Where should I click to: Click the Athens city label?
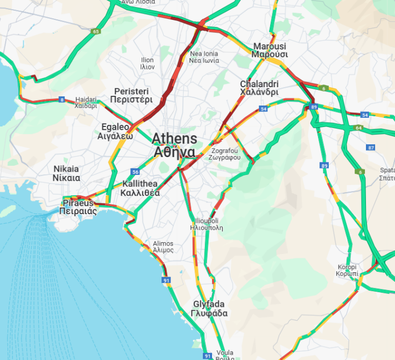(x=174, y=145)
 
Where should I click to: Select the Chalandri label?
(x=259, y=88)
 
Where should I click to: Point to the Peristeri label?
(x=131, y=95)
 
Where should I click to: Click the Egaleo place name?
(x=115, y=131)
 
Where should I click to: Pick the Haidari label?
(x=86, y=102)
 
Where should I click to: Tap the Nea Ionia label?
(x=204, y=57)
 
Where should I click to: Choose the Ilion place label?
(x=147, y=63)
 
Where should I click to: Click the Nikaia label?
(x=67, y=173)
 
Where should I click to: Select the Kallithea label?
(x=140, y=188)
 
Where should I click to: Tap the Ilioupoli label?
(x=207, y=224)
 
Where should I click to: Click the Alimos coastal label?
(x=163, y=246)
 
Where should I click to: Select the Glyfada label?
(x=210, y=308)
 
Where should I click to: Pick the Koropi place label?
(x=347, y=270)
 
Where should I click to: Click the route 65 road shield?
(x=96, y=32)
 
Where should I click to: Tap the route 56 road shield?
(x=135, y=172)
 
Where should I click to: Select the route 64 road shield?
(x=359, y=128)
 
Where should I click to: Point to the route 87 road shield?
(x=370, y=147)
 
